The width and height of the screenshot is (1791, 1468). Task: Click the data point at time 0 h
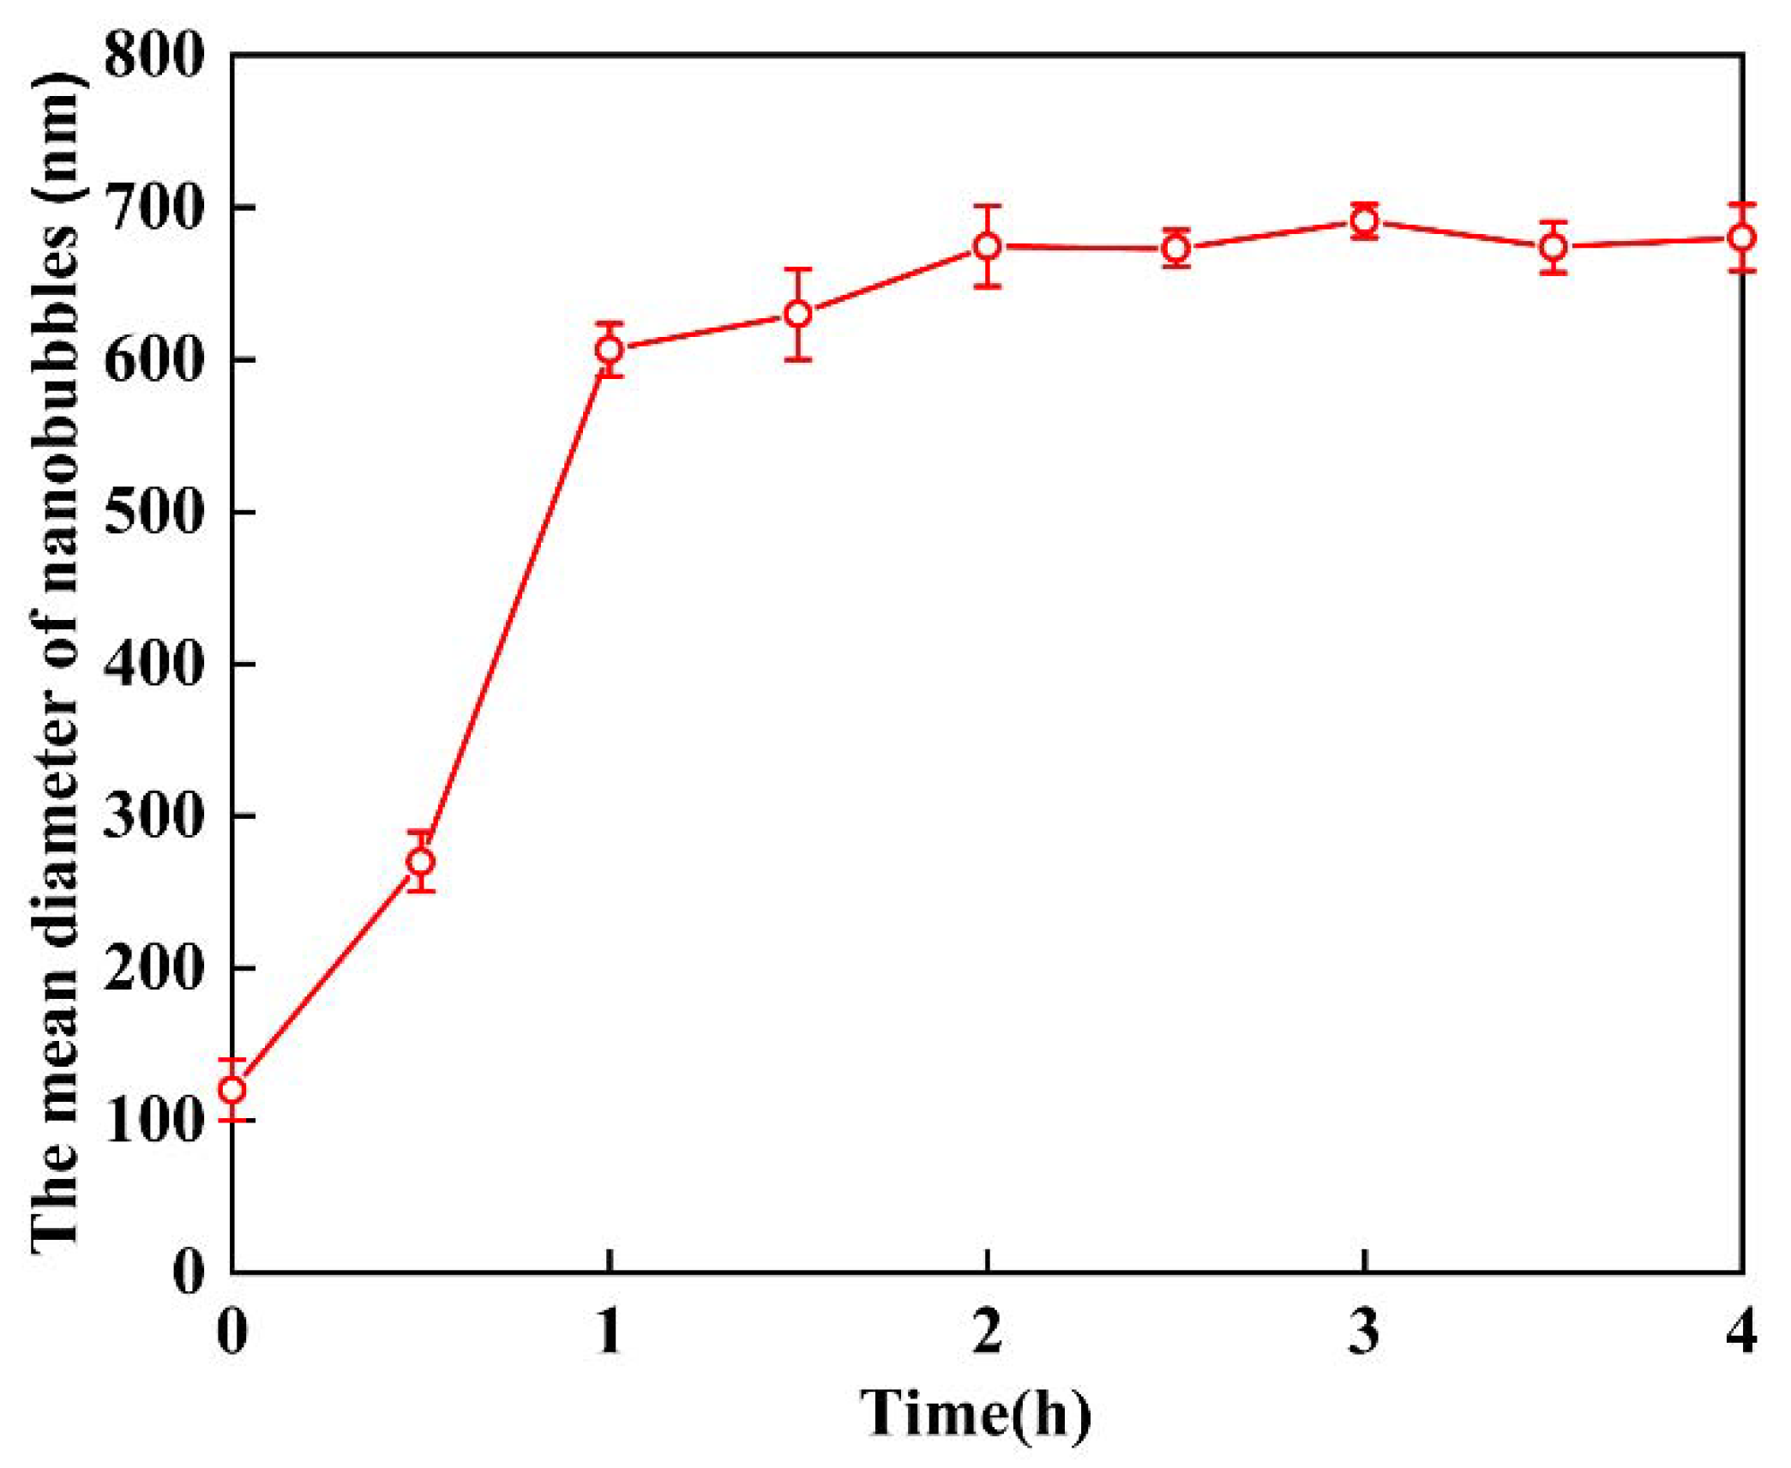[232, 1090]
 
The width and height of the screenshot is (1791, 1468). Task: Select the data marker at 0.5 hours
[420, 861]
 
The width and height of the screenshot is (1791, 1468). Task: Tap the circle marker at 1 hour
[609, 349]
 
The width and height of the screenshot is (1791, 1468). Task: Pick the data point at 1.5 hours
[798, 314]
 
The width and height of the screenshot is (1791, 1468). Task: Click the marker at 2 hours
[988, 246]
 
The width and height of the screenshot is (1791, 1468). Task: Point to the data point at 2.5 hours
[1176, 249]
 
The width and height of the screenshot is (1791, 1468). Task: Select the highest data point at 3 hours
[1364, 222]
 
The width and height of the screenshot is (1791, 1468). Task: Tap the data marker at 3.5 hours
[1554, 247]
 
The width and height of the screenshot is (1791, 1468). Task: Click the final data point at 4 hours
[1741, 238]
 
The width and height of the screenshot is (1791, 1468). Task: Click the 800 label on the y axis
[154, 56]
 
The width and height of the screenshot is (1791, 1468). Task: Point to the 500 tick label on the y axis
[154, 512]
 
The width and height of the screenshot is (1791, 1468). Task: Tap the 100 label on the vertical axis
[154, 1120]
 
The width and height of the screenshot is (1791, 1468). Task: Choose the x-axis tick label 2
[988, 1332]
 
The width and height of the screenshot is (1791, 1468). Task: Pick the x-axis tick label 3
[1364, 1332]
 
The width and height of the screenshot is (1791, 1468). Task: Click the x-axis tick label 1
[609, 1332]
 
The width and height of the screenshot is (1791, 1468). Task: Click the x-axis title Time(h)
[976, 1413]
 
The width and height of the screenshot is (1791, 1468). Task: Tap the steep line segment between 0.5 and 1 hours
[514, 605]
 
